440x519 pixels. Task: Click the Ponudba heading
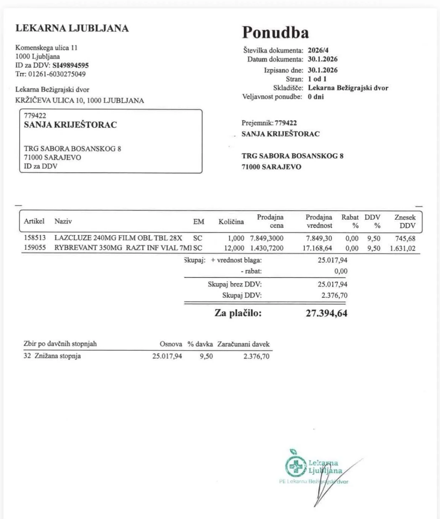[x=275, y=32]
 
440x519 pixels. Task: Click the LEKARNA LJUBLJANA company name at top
[x=72, y=28]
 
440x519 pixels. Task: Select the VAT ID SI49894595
[x=71, y=65]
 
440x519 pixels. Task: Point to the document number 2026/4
[x=318, y=50]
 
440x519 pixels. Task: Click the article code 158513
[x=35, y=238]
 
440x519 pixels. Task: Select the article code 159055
[x=35, y=248]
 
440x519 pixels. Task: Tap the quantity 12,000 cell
[x=234, y=248]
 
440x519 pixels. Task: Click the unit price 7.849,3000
[x=267, y=238]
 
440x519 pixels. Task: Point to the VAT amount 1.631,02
[x=403, y=248]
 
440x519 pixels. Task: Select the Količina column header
[x=231, y=222]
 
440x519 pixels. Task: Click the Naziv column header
[x=63, y=221]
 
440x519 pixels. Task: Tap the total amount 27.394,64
[x=326, y=313]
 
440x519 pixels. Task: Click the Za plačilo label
[x=238, y=313]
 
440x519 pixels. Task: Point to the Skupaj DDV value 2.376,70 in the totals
[x=334, y=295]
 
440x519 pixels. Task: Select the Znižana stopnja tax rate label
[x=58, y=356]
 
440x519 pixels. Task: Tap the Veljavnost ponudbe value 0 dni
[x=316, y=97]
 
